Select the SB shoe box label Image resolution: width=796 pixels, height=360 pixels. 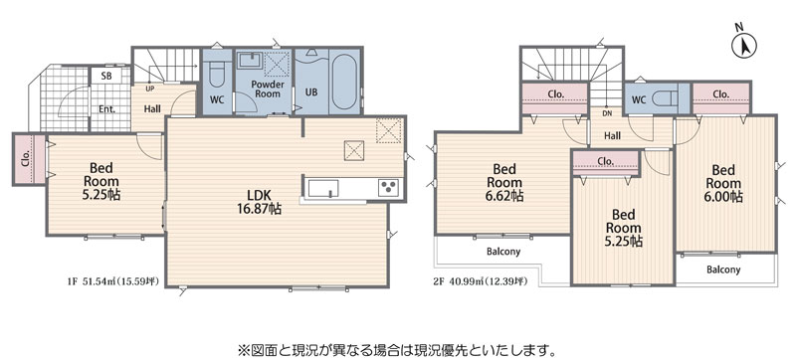(106, 76)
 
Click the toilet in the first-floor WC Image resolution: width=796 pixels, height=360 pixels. (216, 75)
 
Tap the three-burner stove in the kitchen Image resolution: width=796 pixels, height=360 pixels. (388, 187)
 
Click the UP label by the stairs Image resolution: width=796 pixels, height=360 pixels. (150, 89)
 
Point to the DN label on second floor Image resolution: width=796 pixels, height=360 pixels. (607, 113)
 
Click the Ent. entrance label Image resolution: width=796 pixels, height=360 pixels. (107, 108)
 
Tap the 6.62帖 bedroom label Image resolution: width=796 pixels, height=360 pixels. (504, 182)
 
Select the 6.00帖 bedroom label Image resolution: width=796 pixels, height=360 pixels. (723, 183)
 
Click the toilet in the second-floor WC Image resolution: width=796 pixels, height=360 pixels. (663, 97)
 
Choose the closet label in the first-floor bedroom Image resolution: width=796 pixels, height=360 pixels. (26, 158)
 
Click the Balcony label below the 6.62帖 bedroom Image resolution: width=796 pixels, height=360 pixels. (503, 252)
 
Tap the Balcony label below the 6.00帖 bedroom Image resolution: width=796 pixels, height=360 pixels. (723, 270)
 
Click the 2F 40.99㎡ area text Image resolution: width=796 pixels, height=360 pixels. (481, 281)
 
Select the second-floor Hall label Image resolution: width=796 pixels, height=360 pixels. (612, 136)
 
